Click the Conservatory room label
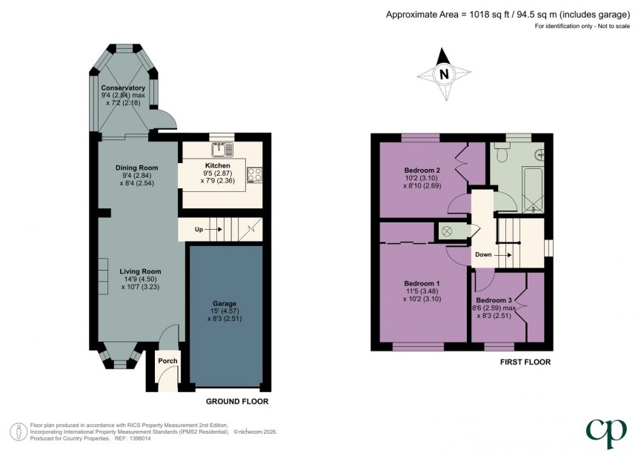(x=123, y=88)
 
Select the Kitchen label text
(x=217, y=165)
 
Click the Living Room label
(x=140, y=271)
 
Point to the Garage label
(x=225, y=303)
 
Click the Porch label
(x=168, y=361)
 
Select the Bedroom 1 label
(x=422, y=283)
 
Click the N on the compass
(x=443, y=74)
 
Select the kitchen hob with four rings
(x=255, y=174)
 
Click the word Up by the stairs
(x=199, y=230)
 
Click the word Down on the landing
(x=483, y=254)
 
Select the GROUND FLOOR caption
(x=238, y=401)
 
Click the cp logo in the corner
(x=605, y=430)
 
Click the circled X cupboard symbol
(x=447, y=231)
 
